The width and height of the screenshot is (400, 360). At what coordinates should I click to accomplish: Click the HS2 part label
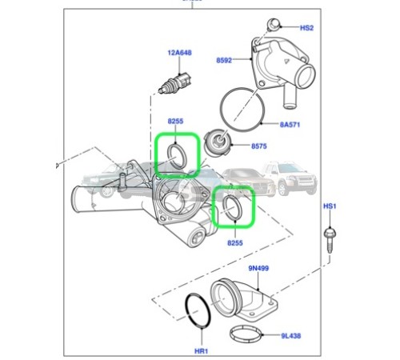307,28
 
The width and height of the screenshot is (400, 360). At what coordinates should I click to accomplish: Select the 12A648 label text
180,54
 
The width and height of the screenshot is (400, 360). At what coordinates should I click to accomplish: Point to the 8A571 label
290,125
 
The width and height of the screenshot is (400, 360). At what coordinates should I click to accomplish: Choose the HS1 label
330,206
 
